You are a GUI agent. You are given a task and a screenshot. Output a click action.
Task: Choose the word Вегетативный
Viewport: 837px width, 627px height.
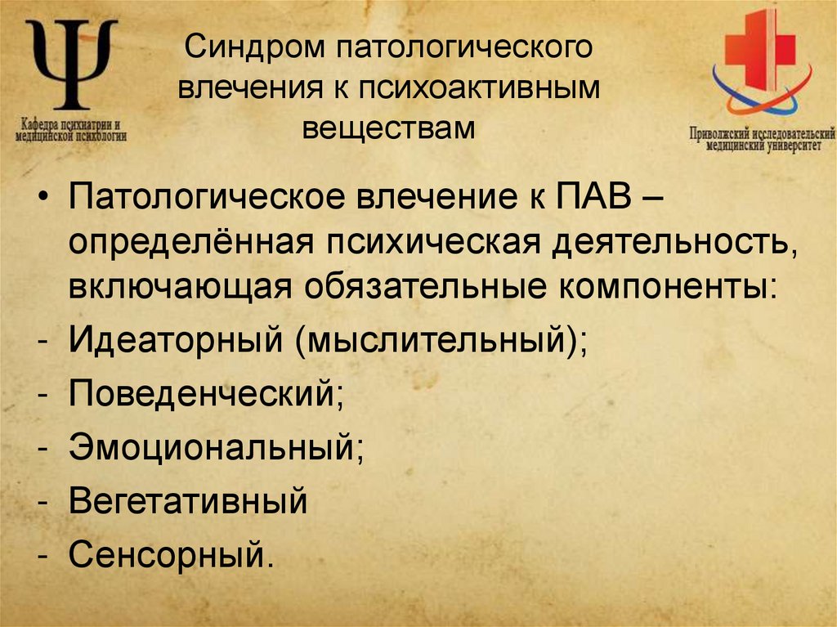[188, 500]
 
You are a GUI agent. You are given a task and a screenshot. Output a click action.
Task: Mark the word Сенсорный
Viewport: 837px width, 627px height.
[167, 554]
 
